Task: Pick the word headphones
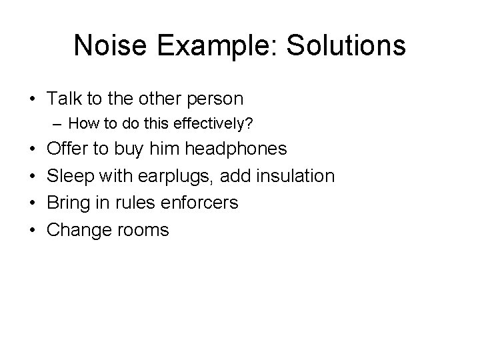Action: tap(238, 149)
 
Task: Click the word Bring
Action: tap(70, 203)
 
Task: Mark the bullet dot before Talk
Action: tap(33, 99)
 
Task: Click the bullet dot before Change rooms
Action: tap(33, 230)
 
